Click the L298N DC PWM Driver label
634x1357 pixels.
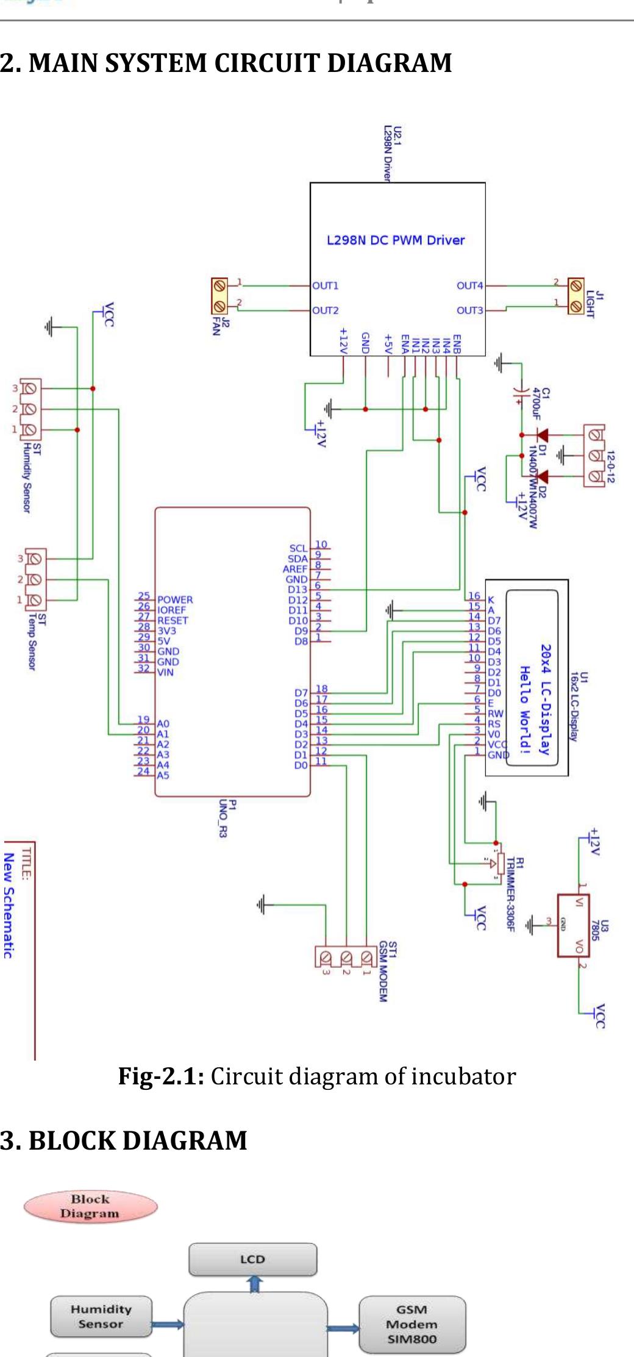(395, 240)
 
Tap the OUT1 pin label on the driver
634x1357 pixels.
(325, 285)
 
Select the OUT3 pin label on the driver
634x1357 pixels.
(469, 310)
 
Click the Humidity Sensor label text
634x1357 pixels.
(27, 478)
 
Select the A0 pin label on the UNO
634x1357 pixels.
(163, 724)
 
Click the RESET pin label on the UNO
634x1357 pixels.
(173, 620)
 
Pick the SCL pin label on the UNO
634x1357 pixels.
(298, 548)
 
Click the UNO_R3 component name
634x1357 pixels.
(224, 818)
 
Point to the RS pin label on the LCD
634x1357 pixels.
(494, 723)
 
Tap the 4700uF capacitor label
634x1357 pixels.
(536, 404)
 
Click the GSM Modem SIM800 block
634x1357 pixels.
(411, 1325)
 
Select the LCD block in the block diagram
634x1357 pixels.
(252, 1259)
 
